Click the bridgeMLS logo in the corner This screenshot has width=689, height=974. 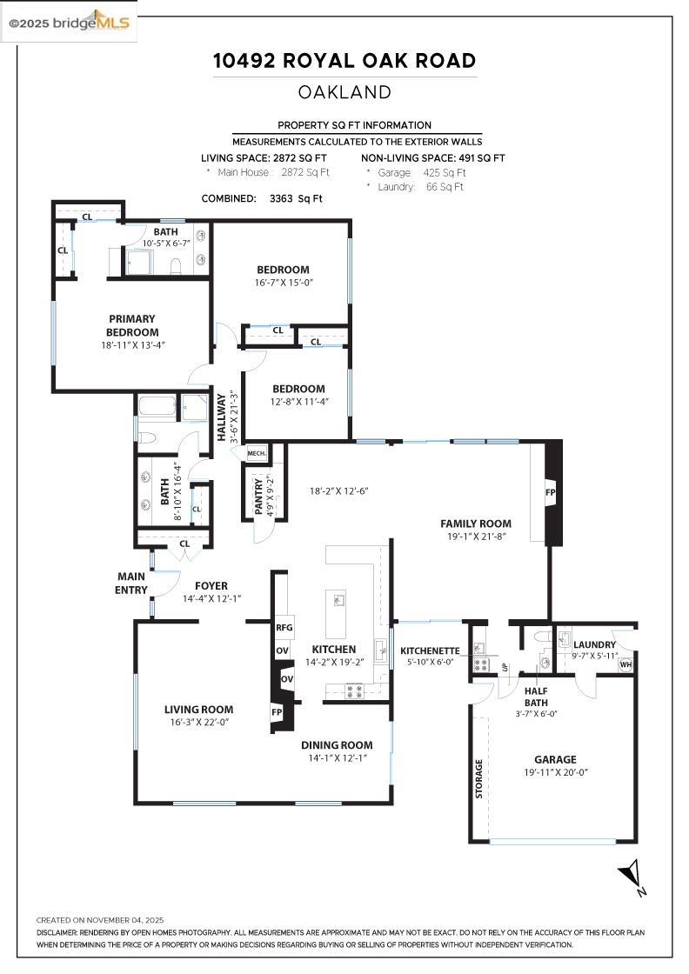(70, 23)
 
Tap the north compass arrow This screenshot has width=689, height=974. (632, 877)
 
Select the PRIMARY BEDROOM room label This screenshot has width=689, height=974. (132, 325)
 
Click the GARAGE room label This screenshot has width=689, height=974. (555, 759)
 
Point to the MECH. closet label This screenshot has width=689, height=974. (257, 453)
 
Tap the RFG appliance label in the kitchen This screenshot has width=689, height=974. (284, 627)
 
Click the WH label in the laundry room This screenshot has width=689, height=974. (625, 665)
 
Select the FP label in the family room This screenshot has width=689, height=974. (550, 492)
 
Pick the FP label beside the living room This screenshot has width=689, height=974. (277, 712)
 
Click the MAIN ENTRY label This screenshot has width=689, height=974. (132, 583)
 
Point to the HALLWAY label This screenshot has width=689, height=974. (222, 418)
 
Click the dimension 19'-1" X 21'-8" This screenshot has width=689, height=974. (475, 537)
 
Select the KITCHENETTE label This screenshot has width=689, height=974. (430, 650)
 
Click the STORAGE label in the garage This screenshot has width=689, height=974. (478, 779)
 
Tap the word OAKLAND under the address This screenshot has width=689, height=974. (344, 92)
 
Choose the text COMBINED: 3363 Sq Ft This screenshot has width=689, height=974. (262, 198)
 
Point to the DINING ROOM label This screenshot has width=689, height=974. (337, 744)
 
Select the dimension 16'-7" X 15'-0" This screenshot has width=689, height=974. (283, 283)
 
